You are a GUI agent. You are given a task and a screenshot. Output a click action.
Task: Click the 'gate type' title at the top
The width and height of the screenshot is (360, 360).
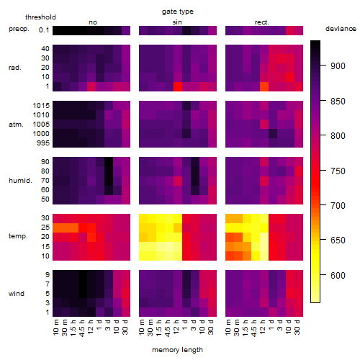pos(178,12)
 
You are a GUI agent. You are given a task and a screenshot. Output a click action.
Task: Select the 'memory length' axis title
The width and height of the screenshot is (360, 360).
pos(177,350)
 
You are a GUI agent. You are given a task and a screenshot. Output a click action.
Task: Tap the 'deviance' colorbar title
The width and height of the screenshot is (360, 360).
pos(341,29)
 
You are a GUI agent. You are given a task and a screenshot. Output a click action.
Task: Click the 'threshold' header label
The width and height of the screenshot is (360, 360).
pos(40,17)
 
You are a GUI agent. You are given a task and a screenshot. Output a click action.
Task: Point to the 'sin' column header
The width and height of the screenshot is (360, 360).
pos(177,22)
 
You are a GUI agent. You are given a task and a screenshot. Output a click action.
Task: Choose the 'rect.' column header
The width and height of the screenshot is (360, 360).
pos(262,22)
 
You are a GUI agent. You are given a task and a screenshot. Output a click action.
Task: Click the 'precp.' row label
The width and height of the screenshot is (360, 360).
pos(19,29)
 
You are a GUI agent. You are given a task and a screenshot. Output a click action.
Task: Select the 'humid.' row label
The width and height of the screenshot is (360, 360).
pos(20,181)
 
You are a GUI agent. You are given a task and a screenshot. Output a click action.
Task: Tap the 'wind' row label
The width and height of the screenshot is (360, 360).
pos(17,294)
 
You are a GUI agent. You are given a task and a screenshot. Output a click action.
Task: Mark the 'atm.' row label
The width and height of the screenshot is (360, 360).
pos(16,125)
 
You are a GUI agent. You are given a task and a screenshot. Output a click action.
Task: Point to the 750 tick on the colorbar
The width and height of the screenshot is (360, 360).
pos(323,171)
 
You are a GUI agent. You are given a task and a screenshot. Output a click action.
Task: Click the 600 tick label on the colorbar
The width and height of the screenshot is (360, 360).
pos(338,275)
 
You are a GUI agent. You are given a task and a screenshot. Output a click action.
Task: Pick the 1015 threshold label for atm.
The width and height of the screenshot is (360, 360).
pos(41,106)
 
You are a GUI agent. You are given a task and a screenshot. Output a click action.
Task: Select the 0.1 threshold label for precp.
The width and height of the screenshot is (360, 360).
pos(44,30)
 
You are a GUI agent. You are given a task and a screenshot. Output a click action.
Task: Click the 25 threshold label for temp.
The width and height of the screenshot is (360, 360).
pos(45,228)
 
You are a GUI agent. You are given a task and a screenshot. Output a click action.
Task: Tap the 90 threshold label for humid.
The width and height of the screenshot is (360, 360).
pos(45,162)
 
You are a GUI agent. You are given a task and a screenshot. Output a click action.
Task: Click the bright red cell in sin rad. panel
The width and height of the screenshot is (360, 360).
pos(178,86)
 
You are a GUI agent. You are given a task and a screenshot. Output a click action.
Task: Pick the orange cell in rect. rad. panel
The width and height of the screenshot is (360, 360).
pos(264,86)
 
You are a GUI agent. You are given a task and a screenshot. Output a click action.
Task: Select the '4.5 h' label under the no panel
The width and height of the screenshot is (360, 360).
pos(82,328)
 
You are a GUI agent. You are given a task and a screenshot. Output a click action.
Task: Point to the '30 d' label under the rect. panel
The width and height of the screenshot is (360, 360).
pos(297,327)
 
